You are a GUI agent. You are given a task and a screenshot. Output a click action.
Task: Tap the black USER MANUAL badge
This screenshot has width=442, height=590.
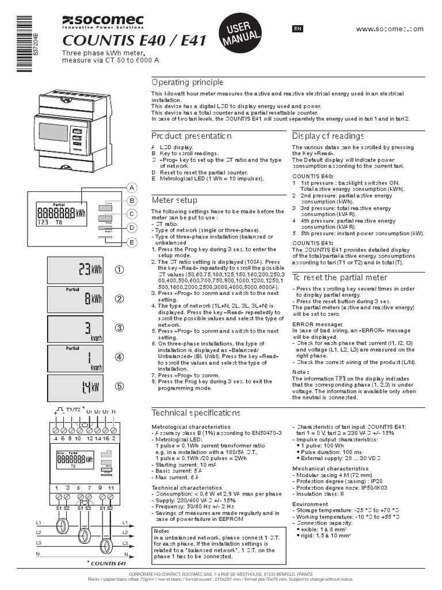[x=236, y=34]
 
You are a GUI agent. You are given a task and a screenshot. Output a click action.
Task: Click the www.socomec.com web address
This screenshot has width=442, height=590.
[x=390, y=29]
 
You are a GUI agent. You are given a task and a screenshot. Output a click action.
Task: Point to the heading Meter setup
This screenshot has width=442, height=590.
[x=174, y=200]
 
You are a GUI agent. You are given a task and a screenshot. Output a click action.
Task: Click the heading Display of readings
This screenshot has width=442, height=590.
[x=328, y=136]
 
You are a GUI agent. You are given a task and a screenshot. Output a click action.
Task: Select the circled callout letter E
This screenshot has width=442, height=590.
[x=131, y=243]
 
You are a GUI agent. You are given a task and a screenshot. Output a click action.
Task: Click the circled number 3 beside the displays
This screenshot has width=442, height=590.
[x=119, y=328]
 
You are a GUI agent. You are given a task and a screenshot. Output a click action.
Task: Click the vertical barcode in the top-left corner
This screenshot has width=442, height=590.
[x=21, y=43]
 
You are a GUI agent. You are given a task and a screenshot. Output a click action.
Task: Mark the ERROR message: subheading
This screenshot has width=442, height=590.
[x=314, y=325]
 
